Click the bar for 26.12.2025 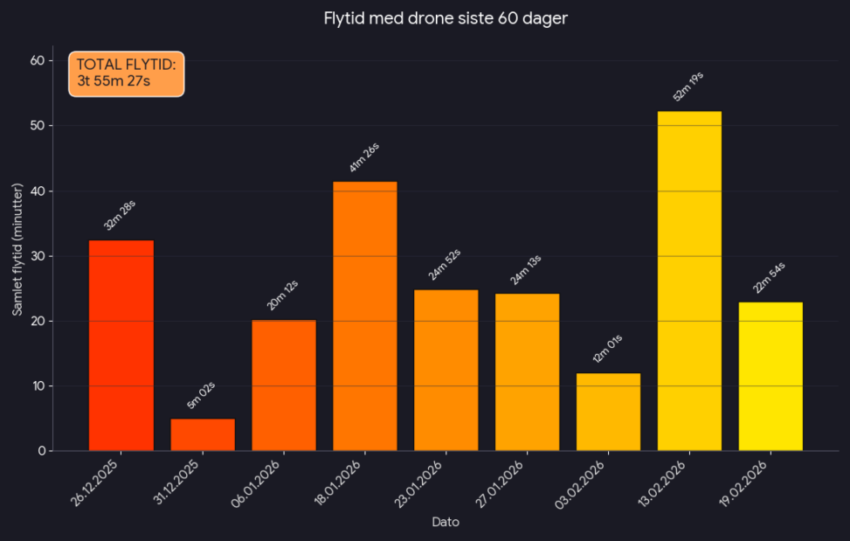click(x=121, y=345)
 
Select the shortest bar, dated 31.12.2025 click(x=203, y=435)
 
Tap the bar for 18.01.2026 click(x=365, y=316)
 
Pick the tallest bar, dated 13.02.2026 click(x=689, y=281)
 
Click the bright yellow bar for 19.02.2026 click(x=771, y=377)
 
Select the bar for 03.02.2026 click(x=608, y=413)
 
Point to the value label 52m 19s click(x=688, y=87)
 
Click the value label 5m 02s click(x=201, y=396)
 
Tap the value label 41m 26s click(x=364, y=157)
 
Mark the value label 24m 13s click(x=526, y=270)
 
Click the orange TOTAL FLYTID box click(x=127, y=73)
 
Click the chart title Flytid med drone click(x=446, y=18)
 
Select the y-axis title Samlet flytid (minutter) click(x=17, y=250)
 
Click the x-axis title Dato click(x=446, y=522)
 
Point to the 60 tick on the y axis click(x=37, y=60)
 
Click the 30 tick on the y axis click(x=37, y=256)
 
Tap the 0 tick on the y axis click(x=40, y=451)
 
